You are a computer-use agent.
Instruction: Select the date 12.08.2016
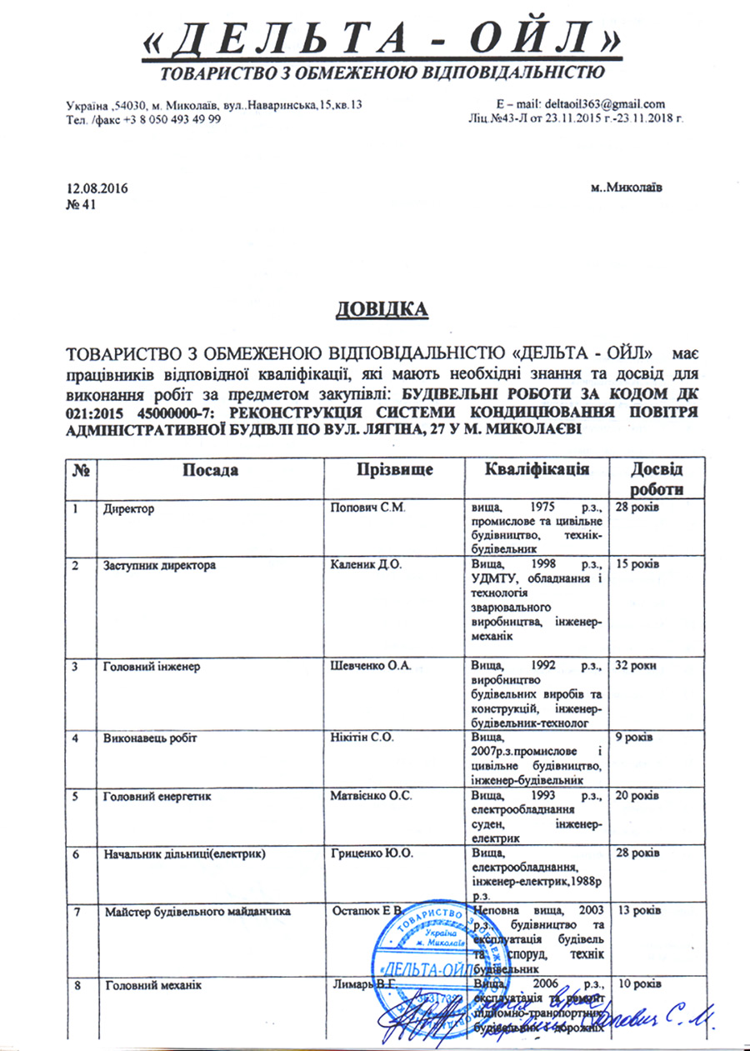pos(97,189)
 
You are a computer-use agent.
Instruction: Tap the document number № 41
pos(81,205)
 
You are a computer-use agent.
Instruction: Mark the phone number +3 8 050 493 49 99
pos(165,119)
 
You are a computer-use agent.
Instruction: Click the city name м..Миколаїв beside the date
pos(627,189)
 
